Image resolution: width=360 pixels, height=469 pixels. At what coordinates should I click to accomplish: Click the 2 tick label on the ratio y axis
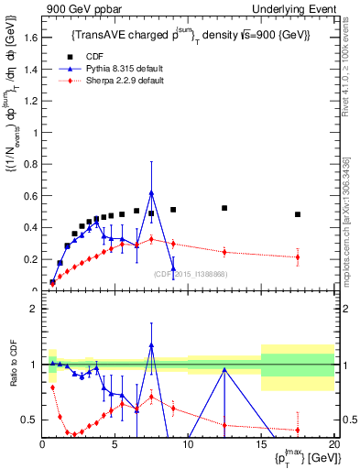(32, 309)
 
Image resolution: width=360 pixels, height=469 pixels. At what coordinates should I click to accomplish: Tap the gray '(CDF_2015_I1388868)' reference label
(190, 274)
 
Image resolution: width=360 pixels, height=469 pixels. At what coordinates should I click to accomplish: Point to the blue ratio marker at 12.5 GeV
(224, 369)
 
